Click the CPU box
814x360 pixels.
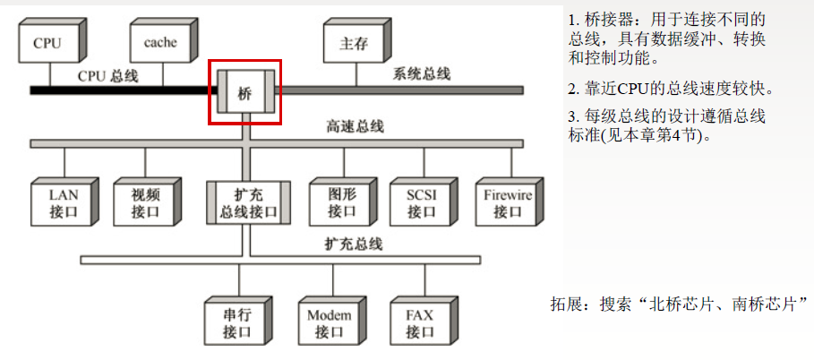point(47,43)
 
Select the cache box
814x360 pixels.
point(159,43)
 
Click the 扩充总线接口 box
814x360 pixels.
point(248,203)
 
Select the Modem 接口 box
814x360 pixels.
point(329,323)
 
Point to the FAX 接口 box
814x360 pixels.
point(419,323)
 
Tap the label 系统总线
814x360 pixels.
point(422,73)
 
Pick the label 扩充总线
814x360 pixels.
point(354,244)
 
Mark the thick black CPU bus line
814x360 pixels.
point(116,90)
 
